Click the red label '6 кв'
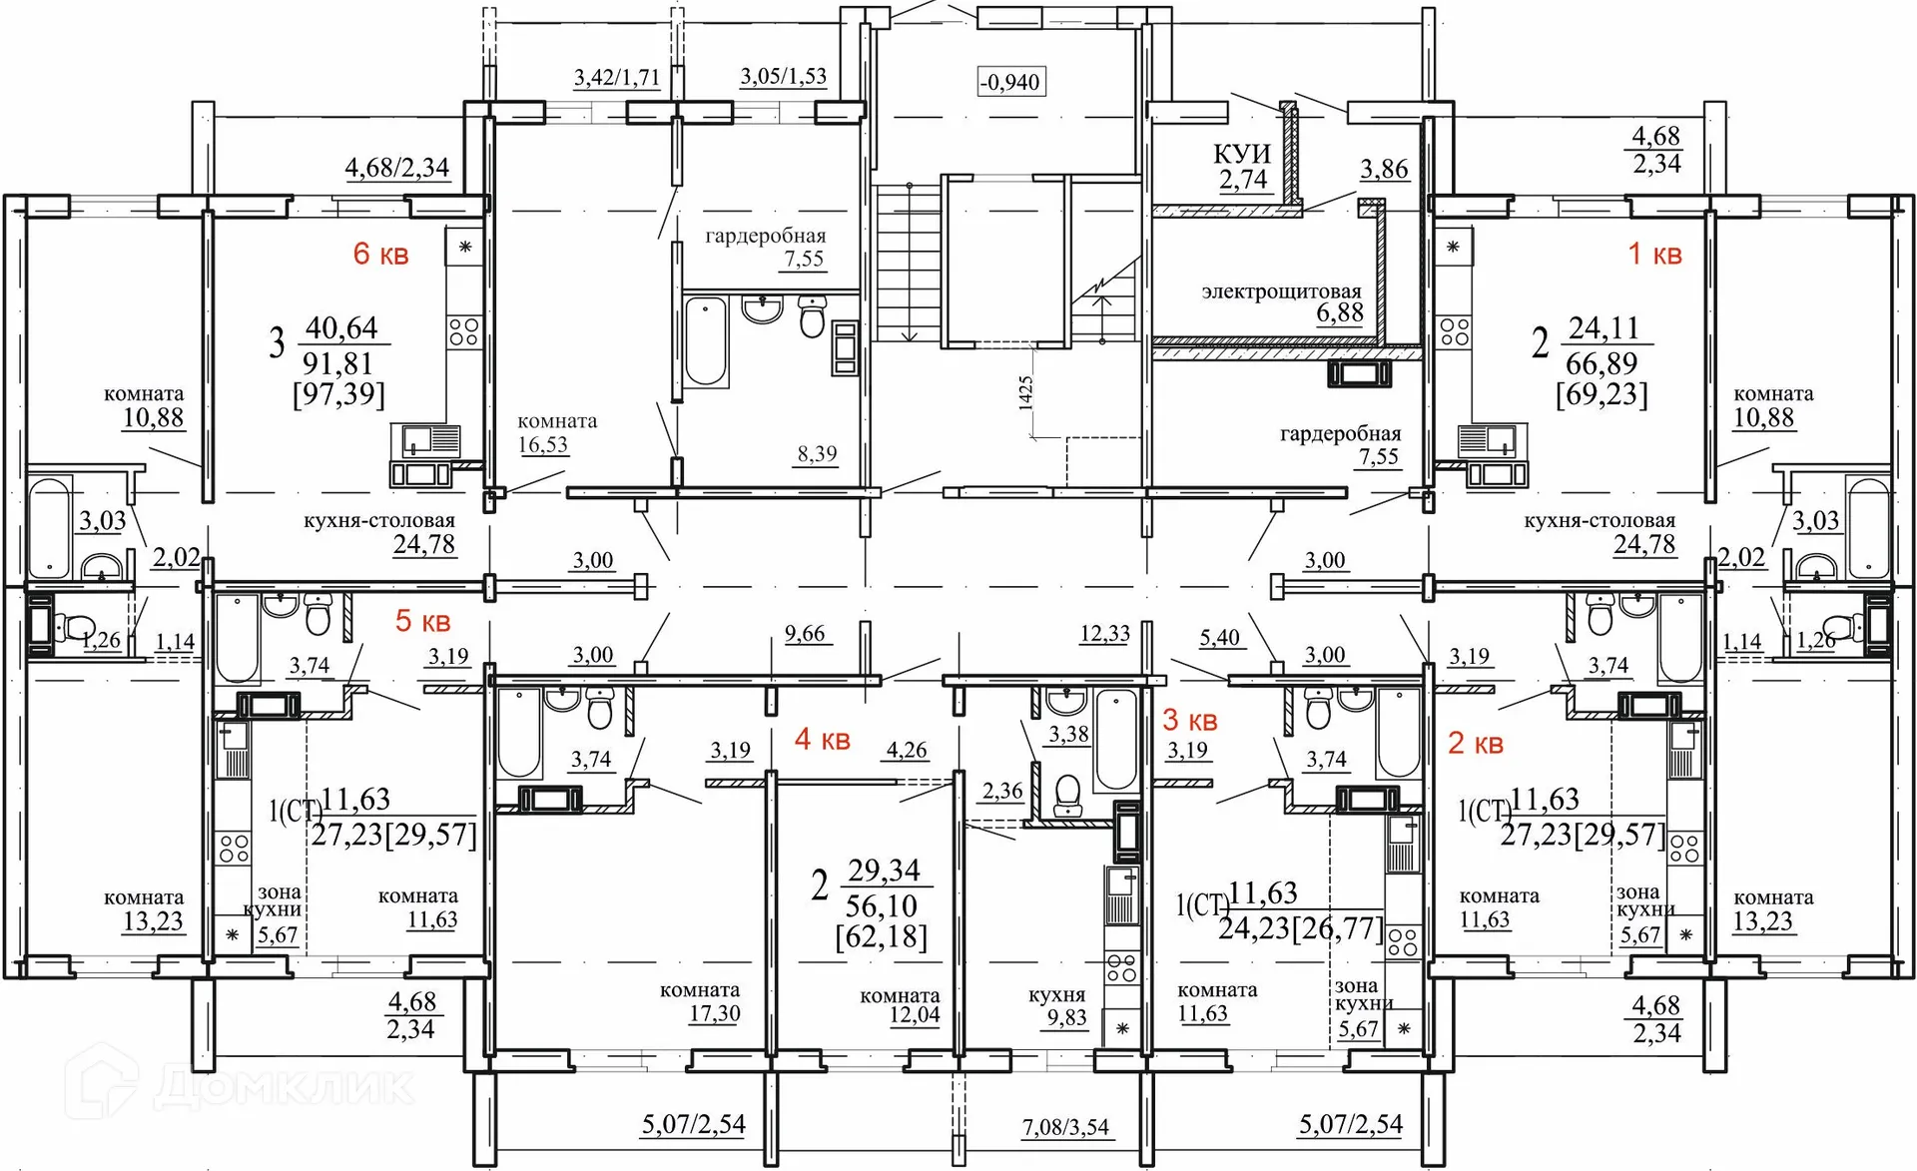[380, 254]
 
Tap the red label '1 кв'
[1654, 254]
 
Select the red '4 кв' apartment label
[822, 739]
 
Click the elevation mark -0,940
[1010, 82]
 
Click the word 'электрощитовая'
[1281, 292]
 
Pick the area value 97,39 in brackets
[338, 394]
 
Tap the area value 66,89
[1601, 362]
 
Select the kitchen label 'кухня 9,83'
[1058, 1006]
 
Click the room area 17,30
[715, 1014]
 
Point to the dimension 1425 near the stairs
[1025, 392]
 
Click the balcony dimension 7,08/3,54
[1065, 1127]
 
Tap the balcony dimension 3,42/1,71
[616, 77]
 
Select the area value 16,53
[543, 444]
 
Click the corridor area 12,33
[1105, 633]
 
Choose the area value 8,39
[817, 453]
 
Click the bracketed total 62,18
[882, 937]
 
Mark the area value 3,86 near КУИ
[1384, 169]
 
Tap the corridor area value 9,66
[805, 633]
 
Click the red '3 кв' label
[1190, 719]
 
